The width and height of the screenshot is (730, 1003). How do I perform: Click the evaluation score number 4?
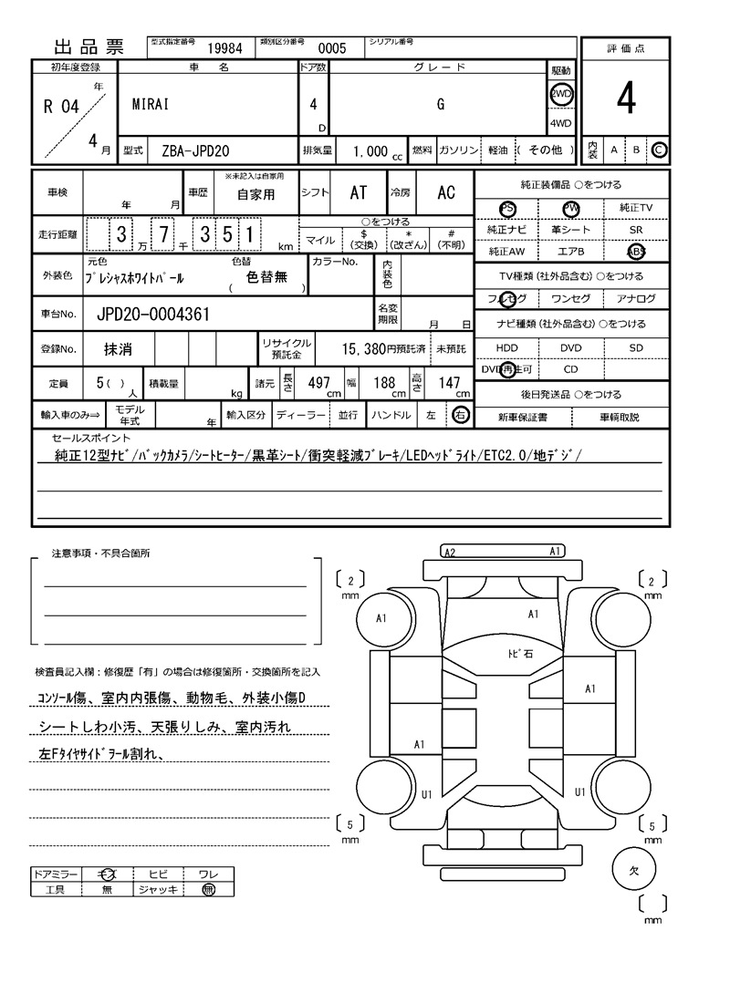(625, 100)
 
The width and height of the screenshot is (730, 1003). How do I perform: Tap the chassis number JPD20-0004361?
(153, 315)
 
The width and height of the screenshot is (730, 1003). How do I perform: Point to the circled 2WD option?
(561, 94)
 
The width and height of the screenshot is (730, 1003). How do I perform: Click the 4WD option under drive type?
(561, 124)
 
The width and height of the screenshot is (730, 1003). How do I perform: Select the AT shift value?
(359, 192)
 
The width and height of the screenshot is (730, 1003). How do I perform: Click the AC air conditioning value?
(446, 192)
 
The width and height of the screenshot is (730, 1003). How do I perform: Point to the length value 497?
(318, 383)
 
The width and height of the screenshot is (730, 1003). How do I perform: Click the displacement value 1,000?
(370, 150)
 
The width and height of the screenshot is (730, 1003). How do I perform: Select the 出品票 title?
(89, 48)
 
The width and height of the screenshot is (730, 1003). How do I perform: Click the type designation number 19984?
(224, 48)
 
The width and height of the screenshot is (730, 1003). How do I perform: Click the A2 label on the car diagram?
(449, 552)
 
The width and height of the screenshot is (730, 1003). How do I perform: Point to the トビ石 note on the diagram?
(521, 654)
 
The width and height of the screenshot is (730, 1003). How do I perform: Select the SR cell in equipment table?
(636, 231)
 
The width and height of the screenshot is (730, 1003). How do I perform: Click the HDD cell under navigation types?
(506, 347)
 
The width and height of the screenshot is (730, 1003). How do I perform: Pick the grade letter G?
(440, 104)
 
